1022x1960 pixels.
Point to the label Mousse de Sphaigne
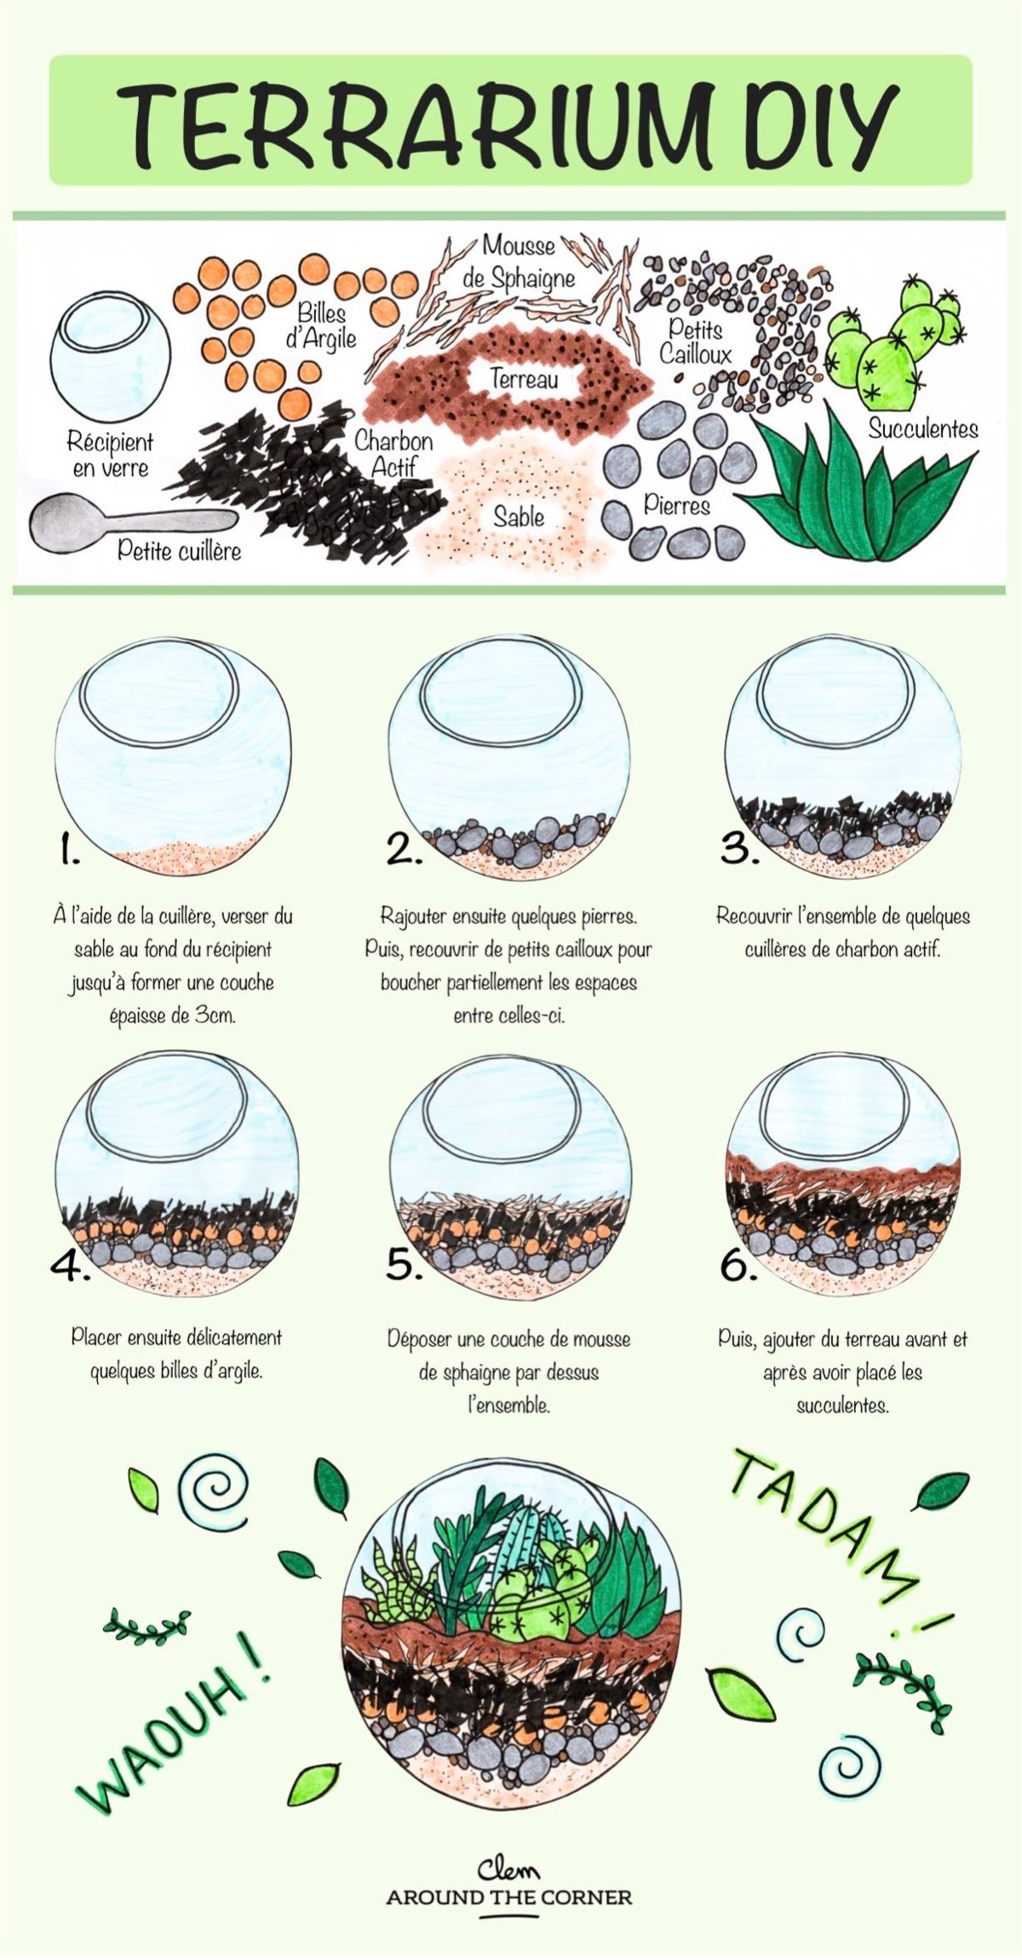coord(519,262)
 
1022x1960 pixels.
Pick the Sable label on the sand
coord(519,515)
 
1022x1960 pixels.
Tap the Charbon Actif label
coord(393,453)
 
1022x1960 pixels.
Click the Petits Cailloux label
coord(695,341)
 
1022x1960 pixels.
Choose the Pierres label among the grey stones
coord(676,505)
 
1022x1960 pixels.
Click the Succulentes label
coord(923,428)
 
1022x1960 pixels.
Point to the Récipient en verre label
coord(110,455)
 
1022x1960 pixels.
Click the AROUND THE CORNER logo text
coord(509,1897)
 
